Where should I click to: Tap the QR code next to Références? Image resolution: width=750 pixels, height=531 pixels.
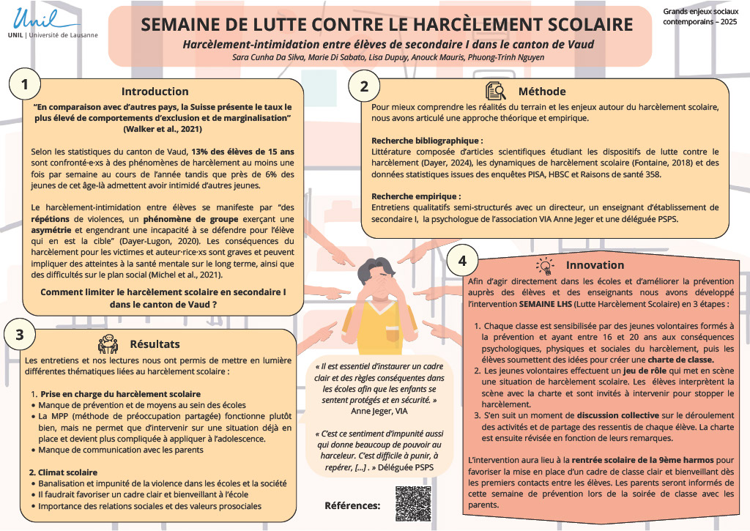(413, 504)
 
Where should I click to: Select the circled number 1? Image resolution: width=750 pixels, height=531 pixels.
(24, 85)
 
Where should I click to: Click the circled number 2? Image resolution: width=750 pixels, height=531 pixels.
(364, 86)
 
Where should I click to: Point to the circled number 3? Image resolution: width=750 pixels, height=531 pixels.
(20, 334)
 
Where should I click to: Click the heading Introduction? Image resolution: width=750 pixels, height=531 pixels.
(155, 92)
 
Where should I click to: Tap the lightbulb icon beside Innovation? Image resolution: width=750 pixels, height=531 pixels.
(545, 265)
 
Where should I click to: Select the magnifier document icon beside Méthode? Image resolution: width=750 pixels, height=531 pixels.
(496, 90)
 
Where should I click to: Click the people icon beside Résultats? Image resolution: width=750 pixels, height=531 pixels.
(108, 344)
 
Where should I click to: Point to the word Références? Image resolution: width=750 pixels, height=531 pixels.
(352, 505)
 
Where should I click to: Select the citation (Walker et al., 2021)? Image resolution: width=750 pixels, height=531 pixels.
(163, 129)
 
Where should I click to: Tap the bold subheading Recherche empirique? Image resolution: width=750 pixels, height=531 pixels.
(416, 196)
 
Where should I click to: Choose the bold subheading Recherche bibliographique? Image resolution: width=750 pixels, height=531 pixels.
(427, 141)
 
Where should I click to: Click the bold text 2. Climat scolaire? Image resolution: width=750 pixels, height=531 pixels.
(63, 472)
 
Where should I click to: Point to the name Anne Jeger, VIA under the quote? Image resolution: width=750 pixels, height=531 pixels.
(379, 411)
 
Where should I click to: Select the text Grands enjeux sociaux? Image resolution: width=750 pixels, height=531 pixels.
(701, 11)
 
